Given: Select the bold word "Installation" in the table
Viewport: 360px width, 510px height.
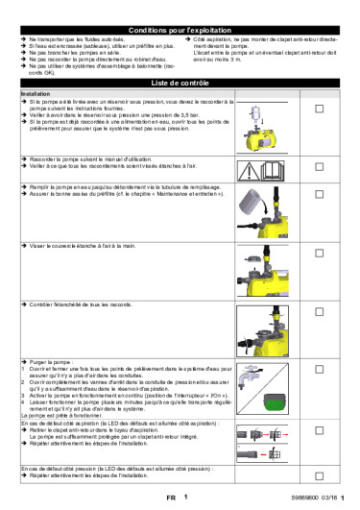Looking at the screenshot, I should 36,94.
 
